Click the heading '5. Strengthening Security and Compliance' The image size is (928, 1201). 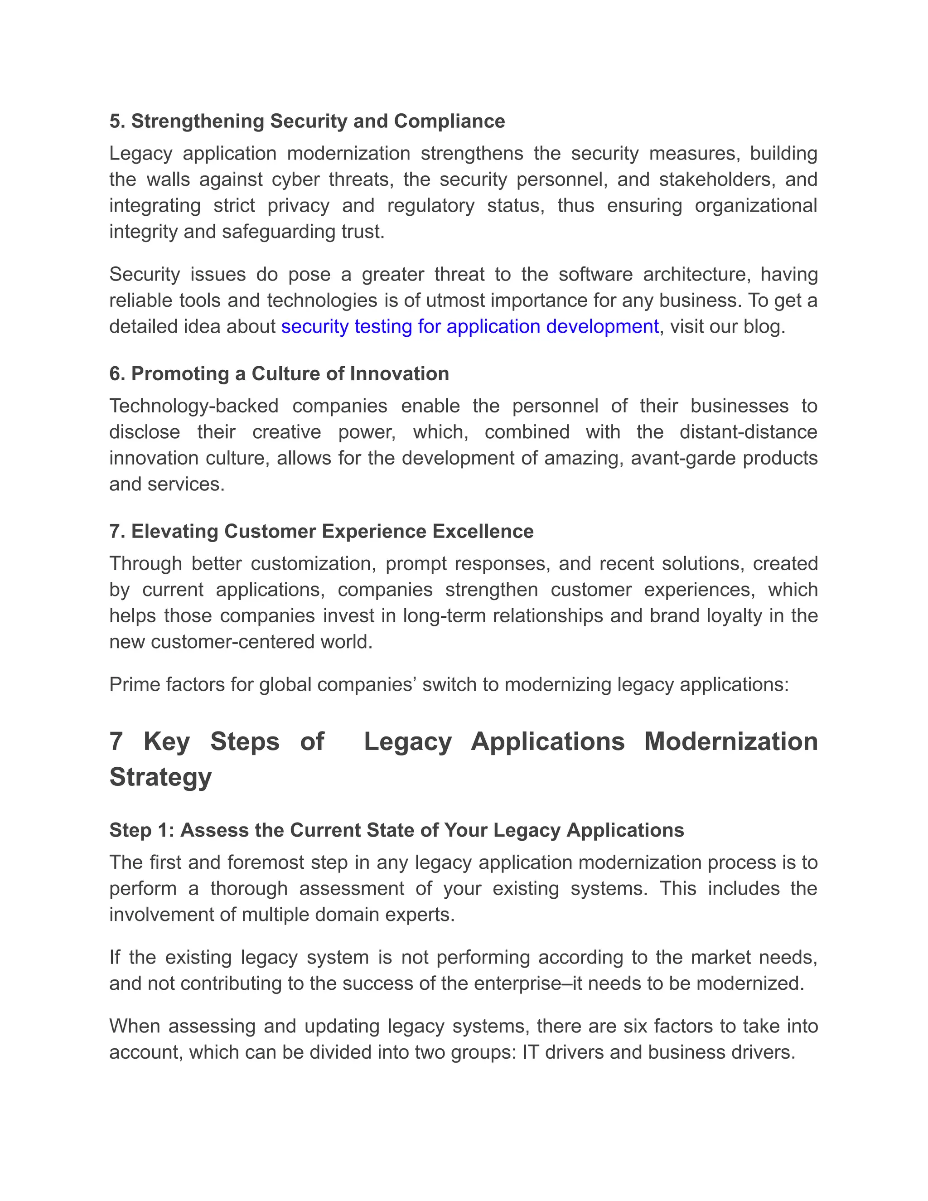(307, 121)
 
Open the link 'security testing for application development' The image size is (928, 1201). (469, 327)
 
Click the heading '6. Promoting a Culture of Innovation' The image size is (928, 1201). (279, 374)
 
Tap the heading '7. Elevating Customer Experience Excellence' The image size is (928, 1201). (321, 532)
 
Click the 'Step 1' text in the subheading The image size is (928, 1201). (141, 830)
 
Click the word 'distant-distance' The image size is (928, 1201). (748, 432)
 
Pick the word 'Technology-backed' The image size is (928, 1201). (193, 407)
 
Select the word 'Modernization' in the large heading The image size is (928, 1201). (730, 742)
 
